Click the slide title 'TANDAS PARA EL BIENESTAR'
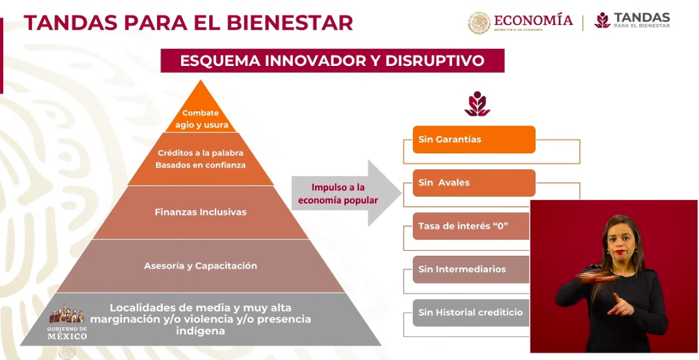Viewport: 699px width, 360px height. click(188, 23)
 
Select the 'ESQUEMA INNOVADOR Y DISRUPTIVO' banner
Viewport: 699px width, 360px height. click(332, 61)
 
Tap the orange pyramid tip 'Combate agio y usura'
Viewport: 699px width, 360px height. click(201, 118)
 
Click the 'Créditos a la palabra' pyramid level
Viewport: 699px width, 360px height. click(201, 159)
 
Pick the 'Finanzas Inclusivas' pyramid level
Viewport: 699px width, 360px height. click(201, 212)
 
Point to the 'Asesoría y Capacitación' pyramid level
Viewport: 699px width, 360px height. click(201, 266)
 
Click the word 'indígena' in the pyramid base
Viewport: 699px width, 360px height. click(201, 330)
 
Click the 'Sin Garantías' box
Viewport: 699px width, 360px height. click(473, 139)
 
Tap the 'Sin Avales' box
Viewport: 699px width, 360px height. click(473, 183)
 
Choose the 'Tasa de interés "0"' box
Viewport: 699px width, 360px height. click(470, 226)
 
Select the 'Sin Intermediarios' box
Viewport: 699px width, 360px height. click(470, 269)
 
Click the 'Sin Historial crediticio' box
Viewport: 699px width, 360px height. click(470, 312)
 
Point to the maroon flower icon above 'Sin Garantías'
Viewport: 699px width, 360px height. click(477, 104)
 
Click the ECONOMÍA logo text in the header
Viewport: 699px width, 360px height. click(533, 21)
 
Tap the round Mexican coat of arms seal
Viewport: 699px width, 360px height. click(479, 23)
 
